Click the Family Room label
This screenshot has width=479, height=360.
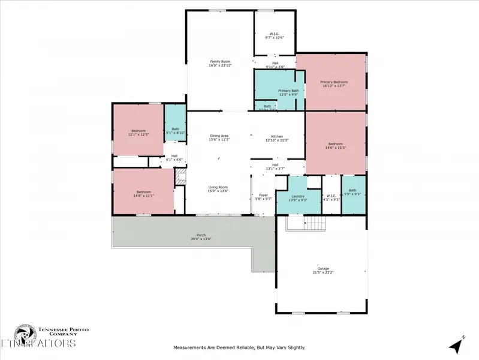[220, 61]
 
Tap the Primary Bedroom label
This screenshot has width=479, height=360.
[334, 82]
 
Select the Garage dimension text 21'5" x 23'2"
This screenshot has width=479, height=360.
[323, 273]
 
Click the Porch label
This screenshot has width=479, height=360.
[201, 235]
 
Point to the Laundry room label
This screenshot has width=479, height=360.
[297, 196]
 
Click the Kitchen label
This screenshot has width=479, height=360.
[276, 136]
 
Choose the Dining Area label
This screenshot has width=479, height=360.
[219, 136]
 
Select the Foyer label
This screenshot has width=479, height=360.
[263, 195]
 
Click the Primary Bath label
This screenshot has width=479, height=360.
[288, 91]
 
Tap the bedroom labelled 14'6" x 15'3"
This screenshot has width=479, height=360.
[335, 144]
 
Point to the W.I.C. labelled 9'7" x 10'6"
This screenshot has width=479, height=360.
[275, 34]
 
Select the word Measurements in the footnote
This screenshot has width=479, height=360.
[191, 347]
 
